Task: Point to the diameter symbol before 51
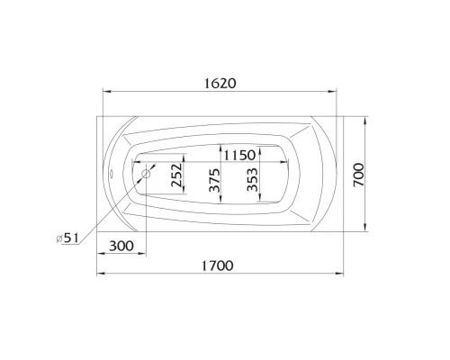click(x=58, y=238)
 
